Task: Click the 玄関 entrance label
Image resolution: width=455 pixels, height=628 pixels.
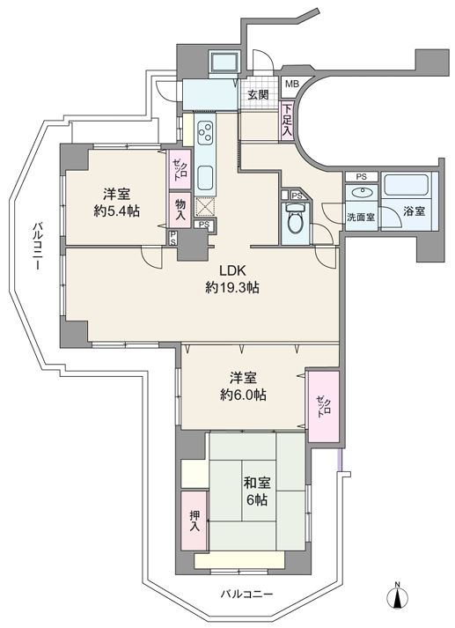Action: (x=258, y=94)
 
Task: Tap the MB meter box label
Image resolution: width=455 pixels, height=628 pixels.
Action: (x=291, y=84)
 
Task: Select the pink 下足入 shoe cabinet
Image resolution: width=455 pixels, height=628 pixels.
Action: (x=287, y=121)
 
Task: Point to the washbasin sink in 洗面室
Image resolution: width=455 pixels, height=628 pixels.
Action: (x=362, y=193)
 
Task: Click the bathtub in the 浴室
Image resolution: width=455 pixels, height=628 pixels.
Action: (x=407, y=186)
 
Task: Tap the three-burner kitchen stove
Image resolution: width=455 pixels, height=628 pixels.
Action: (x=206, y=133)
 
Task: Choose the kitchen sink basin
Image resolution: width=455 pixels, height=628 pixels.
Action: (x=206, y=178)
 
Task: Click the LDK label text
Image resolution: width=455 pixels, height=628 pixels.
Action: (x=231, y=270)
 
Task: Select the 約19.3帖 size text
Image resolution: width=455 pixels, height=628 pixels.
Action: (x=232, y=287)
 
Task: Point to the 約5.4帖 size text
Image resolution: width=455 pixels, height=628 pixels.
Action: (x=116, y=211)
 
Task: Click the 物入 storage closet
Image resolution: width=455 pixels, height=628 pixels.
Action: (x=180, y=211)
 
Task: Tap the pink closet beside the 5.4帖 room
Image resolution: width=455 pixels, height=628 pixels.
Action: (x=180, y=169)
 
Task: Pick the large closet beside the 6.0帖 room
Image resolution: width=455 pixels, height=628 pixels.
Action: (x=323, y=406)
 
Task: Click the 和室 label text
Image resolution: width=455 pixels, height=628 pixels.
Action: (x=257, y=483)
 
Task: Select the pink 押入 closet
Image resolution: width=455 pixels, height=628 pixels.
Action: (x=194, y=521)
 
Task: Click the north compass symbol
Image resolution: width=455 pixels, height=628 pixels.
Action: (x=398, y=598)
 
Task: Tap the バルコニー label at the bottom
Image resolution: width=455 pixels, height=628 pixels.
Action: (x=247, y=594)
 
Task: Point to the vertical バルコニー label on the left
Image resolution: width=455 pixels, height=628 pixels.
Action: (x=37, y=247)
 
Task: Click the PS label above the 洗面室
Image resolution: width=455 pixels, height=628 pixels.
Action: (x=362, y=177)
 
